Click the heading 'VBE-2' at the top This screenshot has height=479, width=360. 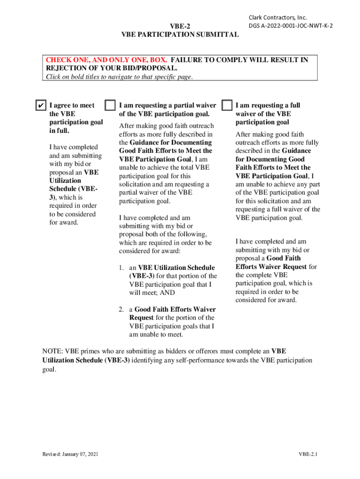(180, 26)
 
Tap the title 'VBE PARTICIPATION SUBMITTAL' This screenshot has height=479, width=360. (180, 35)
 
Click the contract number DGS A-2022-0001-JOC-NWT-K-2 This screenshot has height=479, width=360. (290, 26)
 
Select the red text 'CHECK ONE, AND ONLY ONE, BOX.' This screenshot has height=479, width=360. (107, 60)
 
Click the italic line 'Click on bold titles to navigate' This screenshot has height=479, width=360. (119, 77)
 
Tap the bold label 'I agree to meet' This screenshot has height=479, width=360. (72, 105)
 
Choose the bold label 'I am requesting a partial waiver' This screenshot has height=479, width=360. (167, 105)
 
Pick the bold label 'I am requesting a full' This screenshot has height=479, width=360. (267, 105)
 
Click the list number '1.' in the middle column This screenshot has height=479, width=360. (121, 268)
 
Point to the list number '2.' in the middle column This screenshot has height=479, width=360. (121, 309)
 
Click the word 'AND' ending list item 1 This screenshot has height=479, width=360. (167, 293)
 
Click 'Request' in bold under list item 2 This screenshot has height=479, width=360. (141, 318)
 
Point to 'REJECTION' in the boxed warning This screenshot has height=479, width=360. (65, 68)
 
